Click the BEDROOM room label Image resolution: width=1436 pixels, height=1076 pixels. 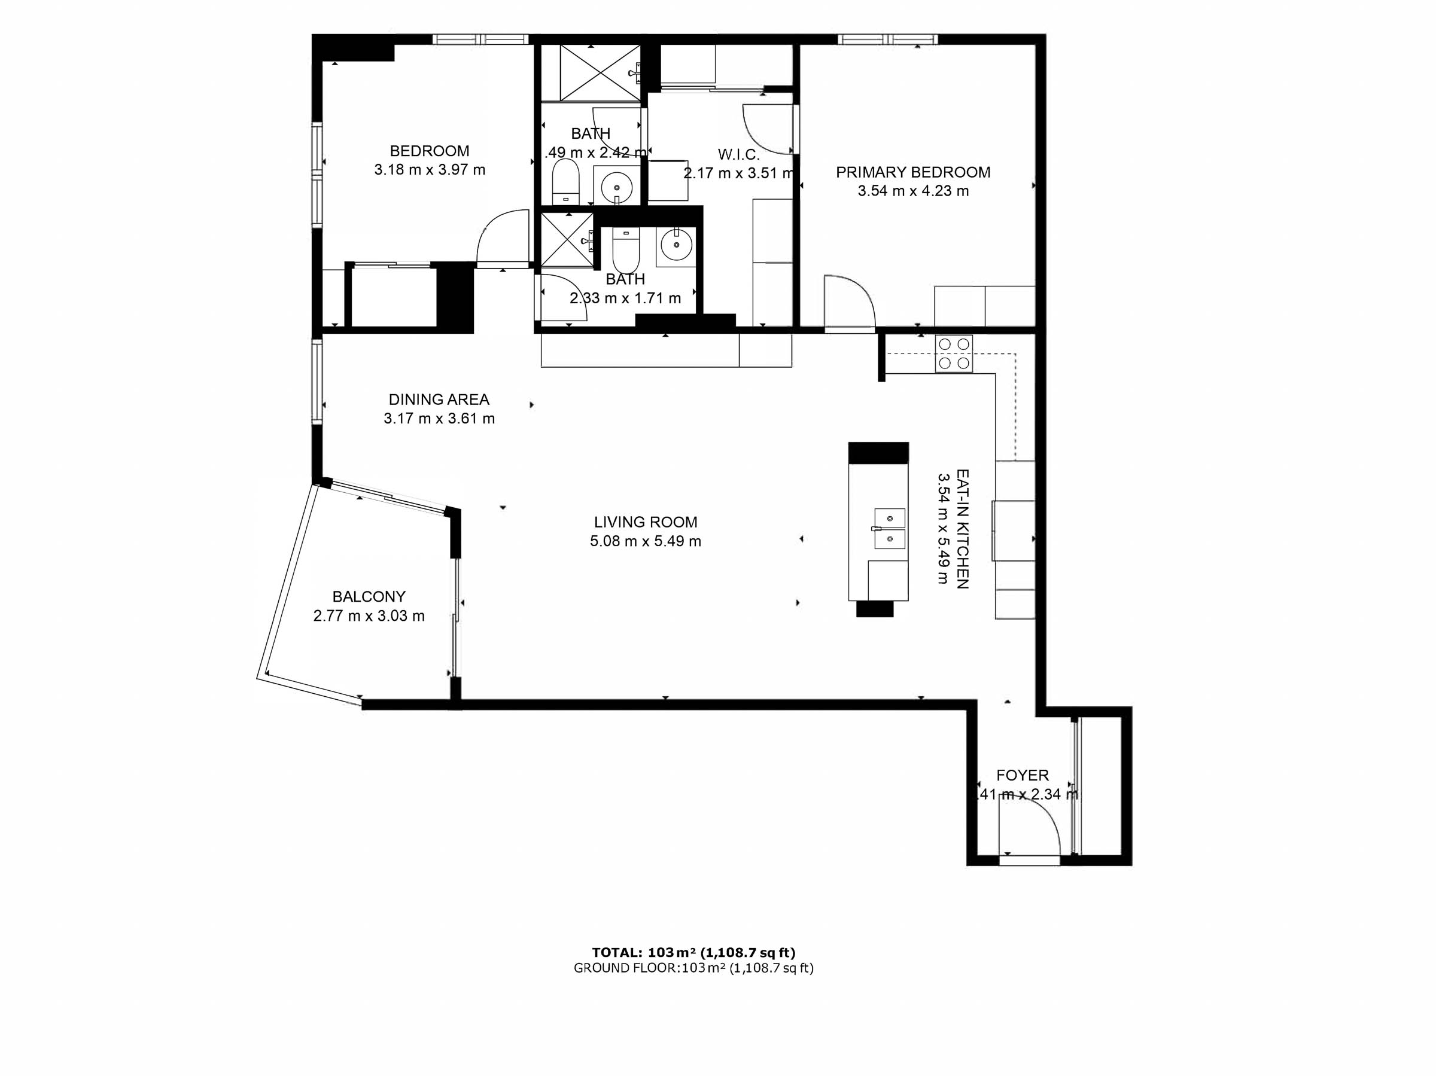click(x=429, y=151)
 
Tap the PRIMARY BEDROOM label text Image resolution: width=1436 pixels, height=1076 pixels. click(x=912, y=173)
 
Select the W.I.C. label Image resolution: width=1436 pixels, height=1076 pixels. click(x=738, y=154)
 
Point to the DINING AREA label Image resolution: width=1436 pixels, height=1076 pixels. click(x=439, y=400)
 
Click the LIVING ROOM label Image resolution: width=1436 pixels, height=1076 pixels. click(x=645, y=522)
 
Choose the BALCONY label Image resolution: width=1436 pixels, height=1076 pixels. click(x=369, y=597)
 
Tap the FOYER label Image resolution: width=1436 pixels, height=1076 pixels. click(x=1023, y=776)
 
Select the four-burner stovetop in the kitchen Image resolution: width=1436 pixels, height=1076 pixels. click(x=954, y=353)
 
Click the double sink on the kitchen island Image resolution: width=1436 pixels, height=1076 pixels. click(x=889, y=528)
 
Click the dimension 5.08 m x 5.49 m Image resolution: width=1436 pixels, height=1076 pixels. click(x=645, y=542)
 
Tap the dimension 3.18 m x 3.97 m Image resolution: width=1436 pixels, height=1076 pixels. click(x=429, y=170)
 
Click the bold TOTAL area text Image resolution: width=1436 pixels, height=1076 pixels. click(x=693, y=953)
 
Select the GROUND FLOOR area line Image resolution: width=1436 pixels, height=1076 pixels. click(x=693, y=968)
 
